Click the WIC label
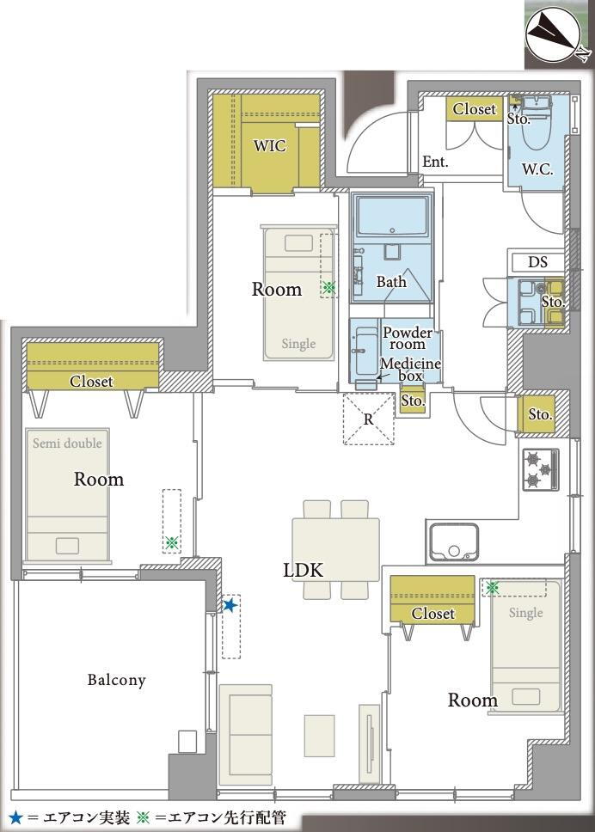[270, 145]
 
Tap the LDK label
[303, 571]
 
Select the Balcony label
[116, 680]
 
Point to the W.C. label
[537, 170]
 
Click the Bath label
[391, 281]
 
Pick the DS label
[537, 262]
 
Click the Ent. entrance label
[435, 162]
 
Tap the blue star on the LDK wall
[230, 605]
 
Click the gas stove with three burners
[541, 469]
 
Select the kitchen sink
[454, 541]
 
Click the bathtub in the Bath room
[392, 216]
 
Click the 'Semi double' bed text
[67, 443]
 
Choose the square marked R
[369, 419]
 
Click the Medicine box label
[410, 370]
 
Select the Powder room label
[408, 339]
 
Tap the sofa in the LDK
[246, 734]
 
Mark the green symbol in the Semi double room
[171, 543]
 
